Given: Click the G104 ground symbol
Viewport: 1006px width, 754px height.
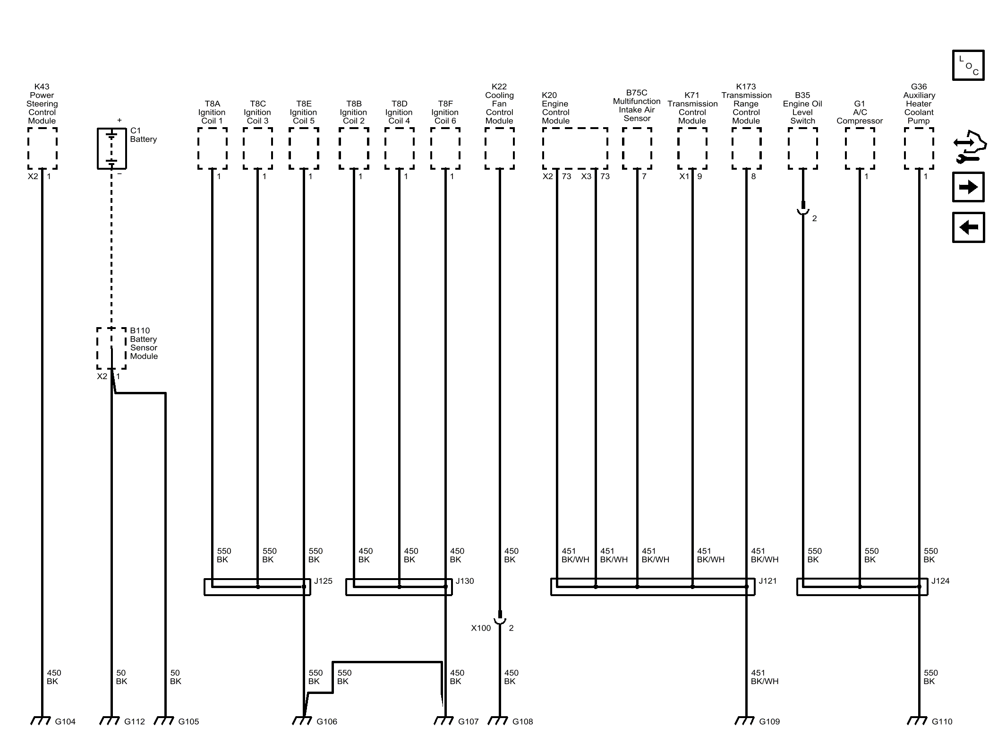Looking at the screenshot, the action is [x=41, y=721].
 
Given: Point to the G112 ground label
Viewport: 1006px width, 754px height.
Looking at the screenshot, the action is [x=135, y=721].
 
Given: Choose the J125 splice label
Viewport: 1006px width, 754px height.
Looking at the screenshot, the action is [x=323, y=581].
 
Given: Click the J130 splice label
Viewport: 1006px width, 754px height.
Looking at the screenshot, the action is [x=465, y=581].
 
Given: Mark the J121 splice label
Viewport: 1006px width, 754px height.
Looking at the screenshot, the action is [x=767, y=581].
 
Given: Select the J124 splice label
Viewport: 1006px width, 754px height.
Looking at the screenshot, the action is [x=940, y=581].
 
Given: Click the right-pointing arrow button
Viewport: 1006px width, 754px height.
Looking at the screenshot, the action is [x=968, y=187].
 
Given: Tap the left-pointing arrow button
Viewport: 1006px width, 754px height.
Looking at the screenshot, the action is [x=968, y=227].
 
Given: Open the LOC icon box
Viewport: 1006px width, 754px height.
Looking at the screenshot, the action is [x=968, y=65].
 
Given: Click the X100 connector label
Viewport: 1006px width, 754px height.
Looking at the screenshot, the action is [x=481, y=628].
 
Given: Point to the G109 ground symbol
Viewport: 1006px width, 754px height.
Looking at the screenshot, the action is [x=745, y=721].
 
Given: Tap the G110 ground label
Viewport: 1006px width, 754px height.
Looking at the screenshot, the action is [x=942, y=721].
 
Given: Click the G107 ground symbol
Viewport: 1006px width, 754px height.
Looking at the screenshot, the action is [x=443, y=721].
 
